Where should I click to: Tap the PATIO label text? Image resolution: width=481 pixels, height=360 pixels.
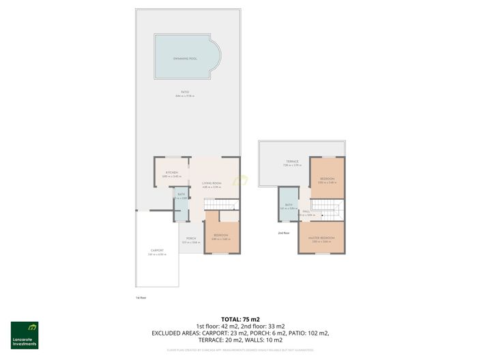[x=185, y=92]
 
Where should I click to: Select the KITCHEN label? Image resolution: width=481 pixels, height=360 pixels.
[x=171, y=172]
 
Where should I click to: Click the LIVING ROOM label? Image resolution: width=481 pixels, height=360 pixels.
[x=212, y=183]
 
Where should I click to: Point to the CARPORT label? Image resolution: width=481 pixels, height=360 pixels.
[x=157, y=251]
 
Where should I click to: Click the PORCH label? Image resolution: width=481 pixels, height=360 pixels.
[x=191, y=239]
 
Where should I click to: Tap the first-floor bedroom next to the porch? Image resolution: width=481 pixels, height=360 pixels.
[x=222, y=236]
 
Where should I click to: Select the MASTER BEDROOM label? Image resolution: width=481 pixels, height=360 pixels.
[x=321, y=239]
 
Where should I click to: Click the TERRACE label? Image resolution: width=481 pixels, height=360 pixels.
[x=291, y=162]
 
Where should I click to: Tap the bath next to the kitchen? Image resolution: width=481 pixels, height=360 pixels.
[x=181, y=196]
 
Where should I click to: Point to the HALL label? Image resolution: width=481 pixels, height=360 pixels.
[x=306, y=212]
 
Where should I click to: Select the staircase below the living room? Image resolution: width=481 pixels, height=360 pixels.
[x=222, y=204]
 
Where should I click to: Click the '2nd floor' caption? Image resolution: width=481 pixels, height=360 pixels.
[x=284, y=233]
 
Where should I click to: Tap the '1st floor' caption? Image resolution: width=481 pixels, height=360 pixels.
[x=141, y=297]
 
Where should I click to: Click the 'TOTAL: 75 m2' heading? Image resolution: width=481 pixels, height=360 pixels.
[x=241, y=320]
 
